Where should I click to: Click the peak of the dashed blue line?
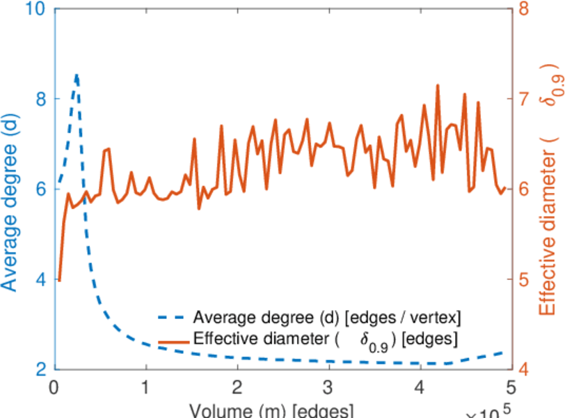[x=77, y=74]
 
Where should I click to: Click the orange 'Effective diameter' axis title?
[x=549, y=188]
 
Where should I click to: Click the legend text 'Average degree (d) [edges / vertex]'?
[x=327, y=318]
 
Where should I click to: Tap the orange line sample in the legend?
[x=173, y=341]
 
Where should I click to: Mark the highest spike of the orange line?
[x=438, y=86]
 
